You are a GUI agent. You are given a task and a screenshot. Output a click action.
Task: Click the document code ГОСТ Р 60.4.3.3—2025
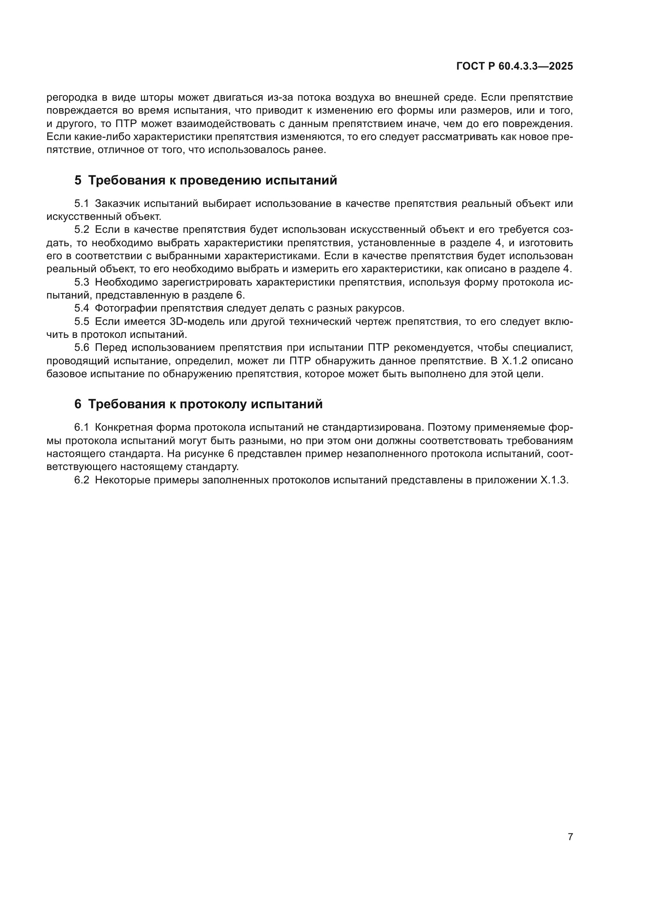pyautogui.click(x=514, y=66)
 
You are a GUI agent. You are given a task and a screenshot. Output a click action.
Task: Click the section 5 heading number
pyautogui.click(x=78, y=181)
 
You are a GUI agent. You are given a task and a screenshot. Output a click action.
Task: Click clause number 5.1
pyautogui.click(x=82, y=204)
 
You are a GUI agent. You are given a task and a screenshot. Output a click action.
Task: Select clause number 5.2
pyautogui.click(x=82, y=230)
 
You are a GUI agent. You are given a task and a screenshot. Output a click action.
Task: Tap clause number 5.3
pyautogui.click(x=82, y=282)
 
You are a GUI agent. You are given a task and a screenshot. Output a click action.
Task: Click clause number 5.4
pyautogui.click(x=82, y=308)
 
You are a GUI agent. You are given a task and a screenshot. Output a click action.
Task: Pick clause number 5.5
pyautogui.click(x=82, y=321)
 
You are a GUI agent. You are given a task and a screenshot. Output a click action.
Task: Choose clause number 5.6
pyautogui.click(x=82, y=347)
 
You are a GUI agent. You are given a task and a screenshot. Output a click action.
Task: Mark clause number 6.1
pyautogui.click(x=82, y=428)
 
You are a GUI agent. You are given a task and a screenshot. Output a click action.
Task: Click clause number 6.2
pyautogui.click(x=82, y=480)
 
